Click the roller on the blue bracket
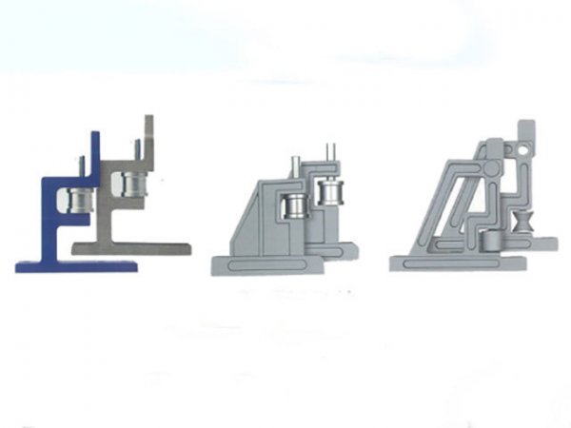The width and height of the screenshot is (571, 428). [74, 201]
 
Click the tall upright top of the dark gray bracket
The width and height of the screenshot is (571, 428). [148, 128]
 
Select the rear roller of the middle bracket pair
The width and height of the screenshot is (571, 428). [330, 193]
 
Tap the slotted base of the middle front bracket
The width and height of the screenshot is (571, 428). [266, 264]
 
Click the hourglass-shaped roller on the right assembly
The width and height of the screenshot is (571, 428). [522, 226]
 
